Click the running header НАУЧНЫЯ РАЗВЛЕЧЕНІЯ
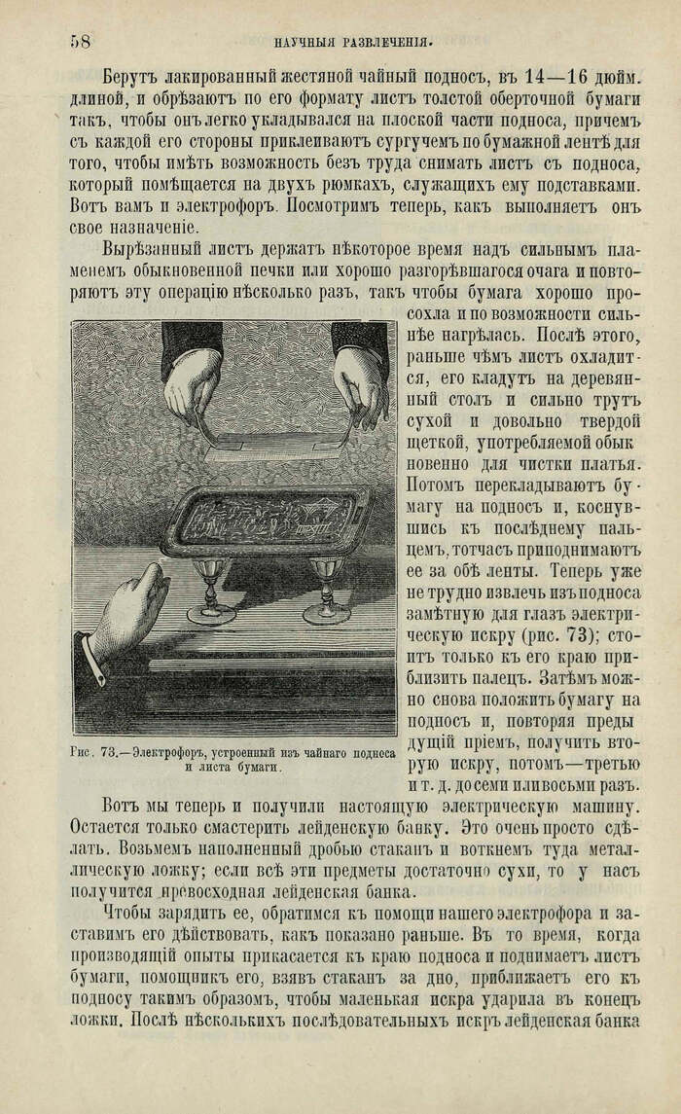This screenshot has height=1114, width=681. click(353, 42)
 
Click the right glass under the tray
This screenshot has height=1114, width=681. click(326, 589)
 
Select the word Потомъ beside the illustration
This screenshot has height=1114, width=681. click(435, 483)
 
